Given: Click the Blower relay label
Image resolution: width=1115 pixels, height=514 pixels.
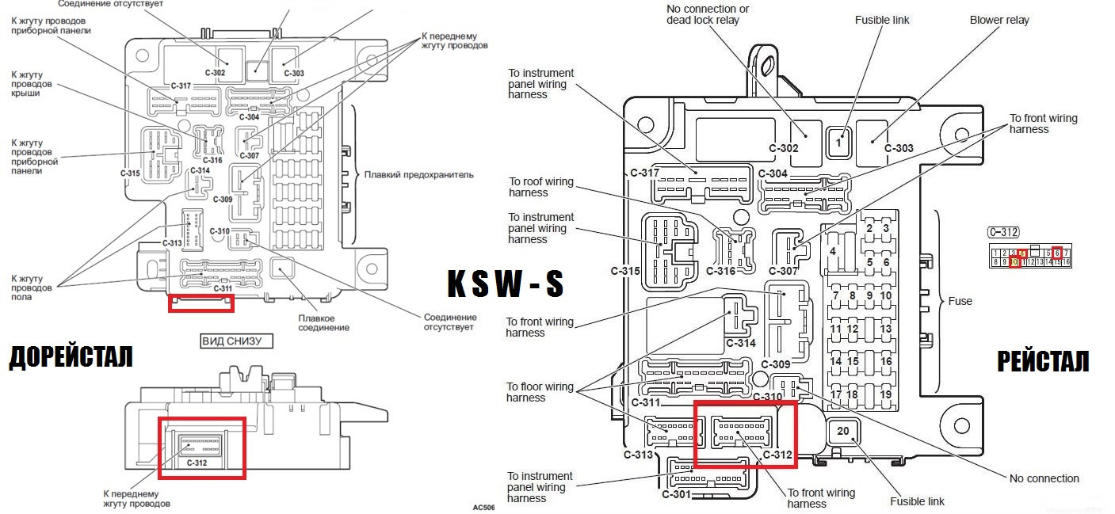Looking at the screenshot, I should click(999, 20).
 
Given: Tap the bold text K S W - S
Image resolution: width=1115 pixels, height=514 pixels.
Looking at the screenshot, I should click(505, 284).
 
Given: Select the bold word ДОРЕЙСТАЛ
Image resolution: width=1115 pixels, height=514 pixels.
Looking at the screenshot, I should click(71, 358).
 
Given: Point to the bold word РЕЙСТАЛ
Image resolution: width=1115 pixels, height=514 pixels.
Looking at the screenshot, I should click(1042, 361).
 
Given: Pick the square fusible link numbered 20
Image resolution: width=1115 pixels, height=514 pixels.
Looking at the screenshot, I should click(842, 432).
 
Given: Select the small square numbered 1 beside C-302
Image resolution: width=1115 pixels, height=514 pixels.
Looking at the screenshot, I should click(839, 143).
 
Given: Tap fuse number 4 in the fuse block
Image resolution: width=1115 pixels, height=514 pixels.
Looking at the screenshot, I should click(832, 251).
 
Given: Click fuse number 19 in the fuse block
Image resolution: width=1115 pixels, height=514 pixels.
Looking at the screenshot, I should click(885, 394).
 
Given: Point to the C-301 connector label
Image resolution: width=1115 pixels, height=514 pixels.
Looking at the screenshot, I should click(676, 494).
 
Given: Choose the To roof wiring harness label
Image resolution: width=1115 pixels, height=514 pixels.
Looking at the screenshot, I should click(540, 187).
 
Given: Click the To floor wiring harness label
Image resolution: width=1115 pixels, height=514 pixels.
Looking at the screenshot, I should click(540, 392).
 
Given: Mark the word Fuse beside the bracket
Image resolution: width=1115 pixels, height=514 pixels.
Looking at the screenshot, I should click(960, 301).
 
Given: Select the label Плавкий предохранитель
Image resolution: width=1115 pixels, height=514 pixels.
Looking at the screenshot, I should click(418, 174).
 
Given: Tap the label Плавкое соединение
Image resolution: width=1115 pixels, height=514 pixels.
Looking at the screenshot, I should click(324, 323).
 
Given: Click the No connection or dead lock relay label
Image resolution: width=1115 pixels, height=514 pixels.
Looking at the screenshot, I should click(708, 14).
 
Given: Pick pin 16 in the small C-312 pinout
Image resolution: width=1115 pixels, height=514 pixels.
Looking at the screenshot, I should click(1066, 262).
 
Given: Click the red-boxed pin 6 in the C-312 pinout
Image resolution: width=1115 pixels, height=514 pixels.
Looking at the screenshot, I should click(1057, 253).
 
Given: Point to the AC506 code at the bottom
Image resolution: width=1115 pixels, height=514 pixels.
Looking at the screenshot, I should click(483, 507).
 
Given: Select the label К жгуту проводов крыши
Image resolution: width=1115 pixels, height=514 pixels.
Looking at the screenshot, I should click(32, 83).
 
